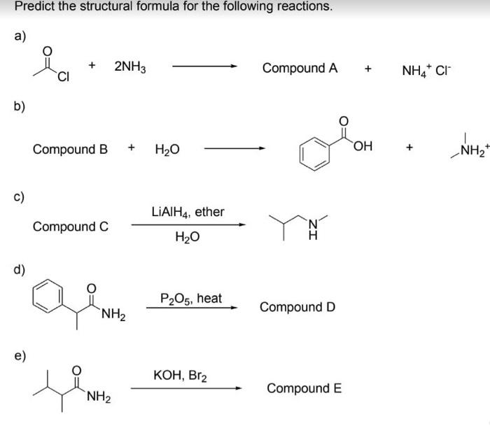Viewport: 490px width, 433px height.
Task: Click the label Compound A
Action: pyautogui.click(x=300, y=69)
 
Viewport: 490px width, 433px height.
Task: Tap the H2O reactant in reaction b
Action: pyautogui.click(x=166, y=149)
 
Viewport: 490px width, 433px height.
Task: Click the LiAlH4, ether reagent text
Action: pyautogui.click(x=188, y=211)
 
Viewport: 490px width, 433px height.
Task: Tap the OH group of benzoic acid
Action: pyautogui.click(x=361, y=145)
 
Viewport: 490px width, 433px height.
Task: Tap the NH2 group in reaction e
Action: pyautogui.click(x=97, y=398)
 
